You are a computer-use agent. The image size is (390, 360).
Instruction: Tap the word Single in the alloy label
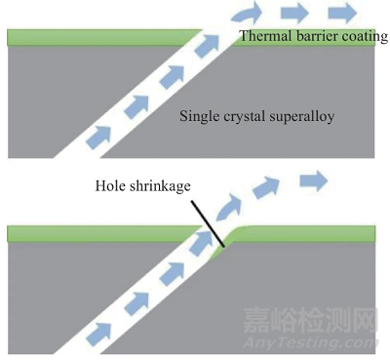(x=199, y=116)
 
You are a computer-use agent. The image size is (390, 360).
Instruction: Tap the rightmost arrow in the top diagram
(x=341, y=13)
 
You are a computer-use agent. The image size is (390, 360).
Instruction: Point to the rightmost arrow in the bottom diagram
(x=314, y=180)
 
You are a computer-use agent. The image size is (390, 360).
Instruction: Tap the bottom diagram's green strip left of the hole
(x=97, y=233)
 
